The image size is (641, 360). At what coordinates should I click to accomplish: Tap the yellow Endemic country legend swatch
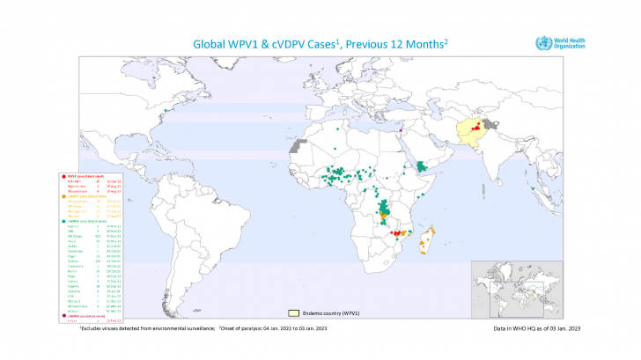pos(297,312)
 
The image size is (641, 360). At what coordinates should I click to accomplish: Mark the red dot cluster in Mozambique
pos(399,233)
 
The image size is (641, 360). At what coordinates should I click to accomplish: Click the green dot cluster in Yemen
pos(424,165)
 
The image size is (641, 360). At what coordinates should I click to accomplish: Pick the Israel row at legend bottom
pos(70,320)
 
